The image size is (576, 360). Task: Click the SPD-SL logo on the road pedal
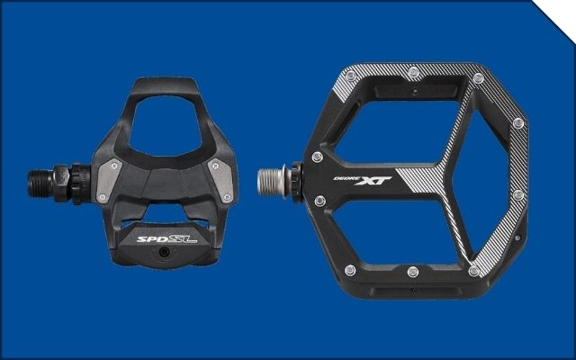point(166,239)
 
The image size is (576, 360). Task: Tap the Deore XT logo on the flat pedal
point(362,180)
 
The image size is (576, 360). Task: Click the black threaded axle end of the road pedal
point(40,183)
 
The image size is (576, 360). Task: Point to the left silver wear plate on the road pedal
point(109,181)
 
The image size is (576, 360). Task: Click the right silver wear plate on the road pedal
point(221,181)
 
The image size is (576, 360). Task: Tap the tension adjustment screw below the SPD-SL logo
point(164,252)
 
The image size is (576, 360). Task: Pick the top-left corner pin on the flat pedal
point(351,76)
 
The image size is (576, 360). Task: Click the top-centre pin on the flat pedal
point(414,72)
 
